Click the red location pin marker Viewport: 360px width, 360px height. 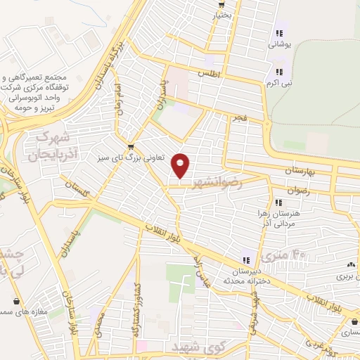pyautogui.click(x=181, y=165)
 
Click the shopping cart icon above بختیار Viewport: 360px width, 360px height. pyautogui.click(x=221, y=3)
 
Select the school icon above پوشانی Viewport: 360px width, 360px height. pyautogui.click(x=278, y=32)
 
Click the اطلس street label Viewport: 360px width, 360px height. pyautogui.click(x=210, y=73)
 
